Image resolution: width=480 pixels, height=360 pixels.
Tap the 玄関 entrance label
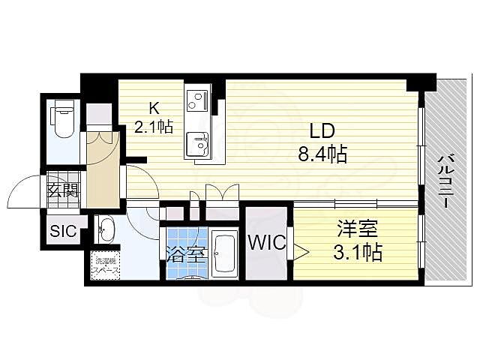tap(63, 190)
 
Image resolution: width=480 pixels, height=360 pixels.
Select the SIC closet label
tap(63, 231)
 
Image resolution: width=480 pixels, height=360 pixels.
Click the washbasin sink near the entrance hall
tap(105, 227)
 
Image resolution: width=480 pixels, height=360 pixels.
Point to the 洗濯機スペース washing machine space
tap(106, 267)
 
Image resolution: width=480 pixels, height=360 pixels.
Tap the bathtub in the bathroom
tap(225, 253)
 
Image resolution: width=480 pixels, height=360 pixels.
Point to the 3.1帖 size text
tap(357, 252)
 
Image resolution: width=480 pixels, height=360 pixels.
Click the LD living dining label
tap(322, 132)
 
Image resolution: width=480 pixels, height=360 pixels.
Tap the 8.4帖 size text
tap(322, 155)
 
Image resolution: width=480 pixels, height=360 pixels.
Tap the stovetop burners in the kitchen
tap(197, 98)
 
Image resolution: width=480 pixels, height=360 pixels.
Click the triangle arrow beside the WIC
tap(298, 250)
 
